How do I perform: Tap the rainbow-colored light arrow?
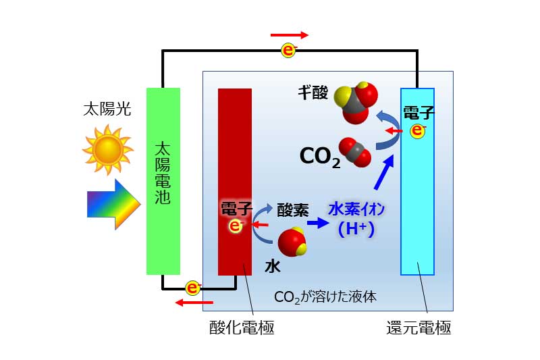tap(113, 204)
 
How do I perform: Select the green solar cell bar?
tap(163, 181)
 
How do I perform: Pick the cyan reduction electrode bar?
tap(417, 181)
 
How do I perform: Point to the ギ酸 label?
tap(314, 93)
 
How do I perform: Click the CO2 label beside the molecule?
tap(320, 157)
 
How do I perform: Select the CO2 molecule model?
tap(355, 152)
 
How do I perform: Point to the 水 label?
tap(272, 266)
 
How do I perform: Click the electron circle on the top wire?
tap(288, 49)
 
